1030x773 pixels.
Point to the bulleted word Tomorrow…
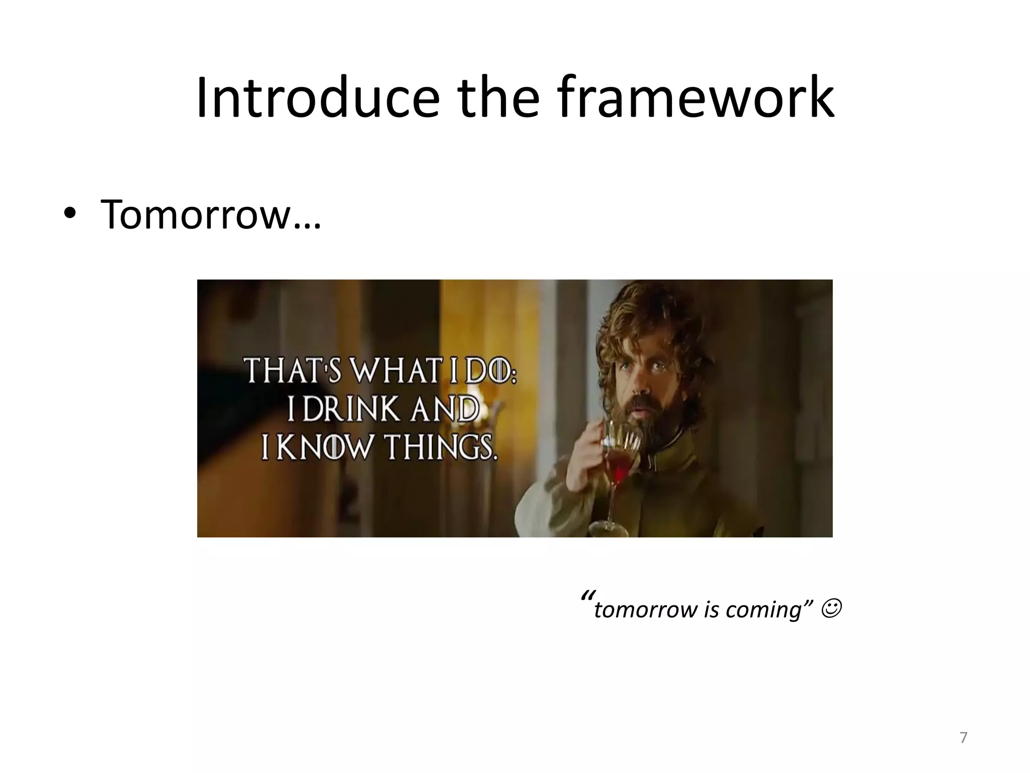pyautogui.click(x=210, y=214)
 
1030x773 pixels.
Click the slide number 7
pyautogui.click(x=963, y=738)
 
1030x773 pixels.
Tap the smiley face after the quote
pyautogui.click(x=832, y=609)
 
